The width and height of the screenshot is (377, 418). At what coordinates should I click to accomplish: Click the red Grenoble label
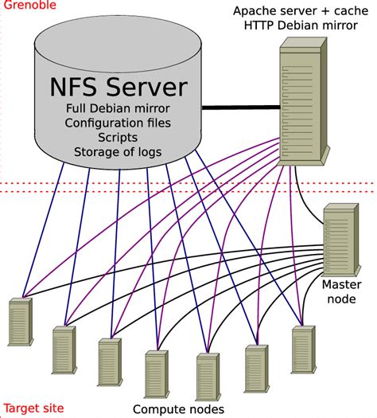click(24, 6)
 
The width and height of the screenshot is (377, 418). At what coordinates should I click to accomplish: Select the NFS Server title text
click(116, 85)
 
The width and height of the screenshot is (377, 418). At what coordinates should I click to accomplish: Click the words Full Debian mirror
click(116, 107)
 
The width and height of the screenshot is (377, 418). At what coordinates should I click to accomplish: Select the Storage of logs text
click(116, 151)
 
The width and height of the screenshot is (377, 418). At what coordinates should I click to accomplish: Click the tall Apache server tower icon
click(303, 104)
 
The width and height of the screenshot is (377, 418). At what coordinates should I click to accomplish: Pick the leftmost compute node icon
click(18, 322)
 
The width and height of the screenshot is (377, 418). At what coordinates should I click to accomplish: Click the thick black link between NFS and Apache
click(239, 107)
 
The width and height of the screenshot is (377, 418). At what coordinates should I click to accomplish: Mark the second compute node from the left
click(64, 350)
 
